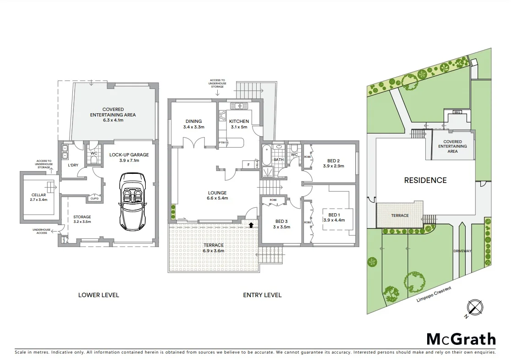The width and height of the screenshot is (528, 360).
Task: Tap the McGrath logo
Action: tap(461, 339)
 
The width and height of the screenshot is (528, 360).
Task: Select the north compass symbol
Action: tap(474, 308)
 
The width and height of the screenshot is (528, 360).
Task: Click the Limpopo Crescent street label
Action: tap(434, 294)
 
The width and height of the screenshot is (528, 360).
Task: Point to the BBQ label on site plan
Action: tap(456, 112)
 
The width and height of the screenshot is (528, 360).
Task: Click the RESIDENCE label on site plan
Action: tap(425, 180)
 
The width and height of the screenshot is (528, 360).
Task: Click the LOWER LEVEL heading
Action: tap(99, 295)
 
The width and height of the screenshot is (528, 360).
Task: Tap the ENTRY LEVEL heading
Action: tap(262, 295)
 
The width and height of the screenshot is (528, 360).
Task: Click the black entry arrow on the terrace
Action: tap(251, 225)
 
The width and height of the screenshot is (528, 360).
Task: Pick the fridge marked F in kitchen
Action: tap(248, 164)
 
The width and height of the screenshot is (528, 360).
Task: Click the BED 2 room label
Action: tap(333, 161)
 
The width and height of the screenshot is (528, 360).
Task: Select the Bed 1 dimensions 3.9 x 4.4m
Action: tap(334, 220)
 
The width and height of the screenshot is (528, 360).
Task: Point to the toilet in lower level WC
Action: tap(94, 160)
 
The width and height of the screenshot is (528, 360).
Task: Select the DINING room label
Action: tap(193, 122)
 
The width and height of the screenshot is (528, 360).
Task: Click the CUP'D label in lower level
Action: tap(94, 198)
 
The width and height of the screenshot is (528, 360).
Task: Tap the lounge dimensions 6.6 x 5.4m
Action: tap(217, 199)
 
